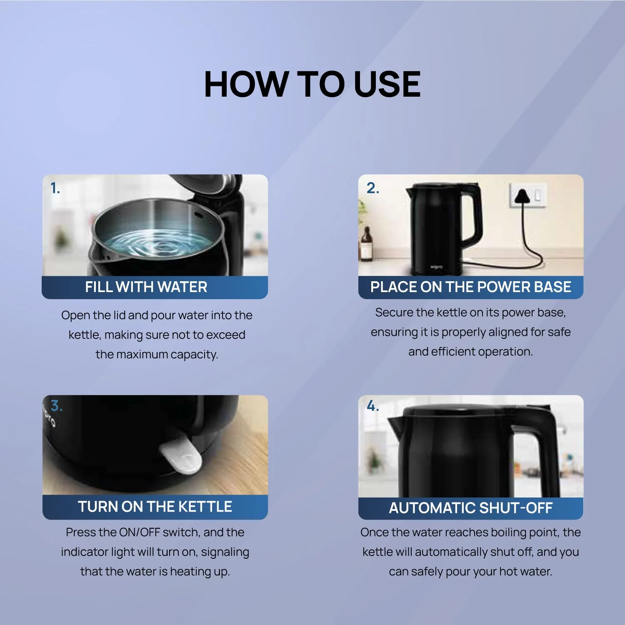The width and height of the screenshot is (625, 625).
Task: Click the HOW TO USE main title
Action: (x=312, y=84)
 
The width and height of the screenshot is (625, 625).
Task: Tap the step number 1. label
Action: (x=55, y=188)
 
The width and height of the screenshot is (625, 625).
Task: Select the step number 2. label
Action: (x=372, y=188)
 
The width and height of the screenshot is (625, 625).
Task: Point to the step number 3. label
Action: (x=56, y=405)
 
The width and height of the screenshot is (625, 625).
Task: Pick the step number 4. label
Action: (x=372, y=406)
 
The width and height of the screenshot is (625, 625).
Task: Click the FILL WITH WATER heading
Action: (x=146, y=287)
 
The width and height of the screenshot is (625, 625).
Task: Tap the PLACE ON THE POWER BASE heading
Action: (x=470, y=287)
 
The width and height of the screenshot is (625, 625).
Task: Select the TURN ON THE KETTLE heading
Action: (x=155, y=507)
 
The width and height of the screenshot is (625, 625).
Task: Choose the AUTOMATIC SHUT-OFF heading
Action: (x=470, y=508)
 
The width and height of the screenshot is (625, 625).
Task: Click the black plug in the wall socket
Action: (x=521, y=196)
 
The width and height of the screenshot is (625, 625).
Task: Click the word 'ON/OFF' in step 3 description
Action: (x=140, y=532)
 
